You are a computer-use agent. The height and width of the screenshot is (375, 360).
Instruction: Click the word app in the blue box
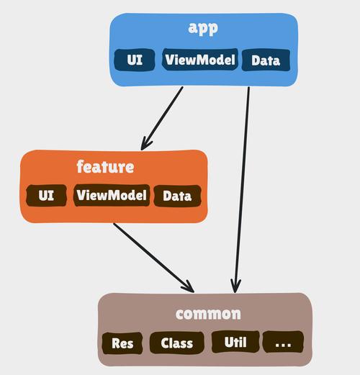202,29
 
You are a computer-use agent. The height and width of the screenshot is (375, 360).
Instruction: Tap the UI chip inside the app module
135,60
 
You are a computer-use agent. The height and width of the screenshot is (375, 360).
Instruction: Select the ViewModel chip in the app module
199,60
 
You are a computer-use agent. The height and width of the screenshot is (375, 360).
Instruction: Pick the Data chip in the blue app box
265,60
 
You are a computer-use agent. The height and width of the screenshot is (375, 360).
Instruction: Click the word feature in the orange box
105,167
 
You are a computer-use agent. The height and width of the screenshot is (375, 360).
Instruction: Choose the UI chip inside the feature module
46,195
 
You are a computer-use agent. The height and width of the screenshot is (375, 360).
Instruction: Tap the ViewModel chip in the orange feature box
112,195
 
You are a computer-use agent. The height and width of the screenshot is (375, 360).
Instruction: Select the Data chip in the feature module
176,196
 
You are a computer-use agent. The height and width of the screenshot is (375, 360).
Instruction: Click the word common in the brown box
208,315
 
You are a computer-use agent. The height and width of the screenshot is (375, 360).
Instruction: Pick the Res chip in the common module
122,343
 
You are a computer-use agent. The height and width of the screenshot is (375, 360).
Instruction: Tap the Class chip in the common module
176,343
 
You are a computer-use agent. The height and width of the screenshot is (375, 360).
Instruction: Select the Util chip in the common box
234,342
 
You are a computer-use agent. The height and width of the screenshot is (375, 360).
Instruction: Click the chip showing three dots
283,343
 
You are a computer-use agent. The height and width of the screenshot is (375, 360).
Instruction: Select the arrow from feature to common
153,256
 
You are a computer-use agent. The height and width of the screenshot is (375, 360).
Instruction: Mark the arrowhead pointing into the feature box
146,144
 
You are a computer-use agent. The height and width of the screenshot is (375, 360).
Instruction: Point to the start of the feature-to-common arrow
114,224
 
